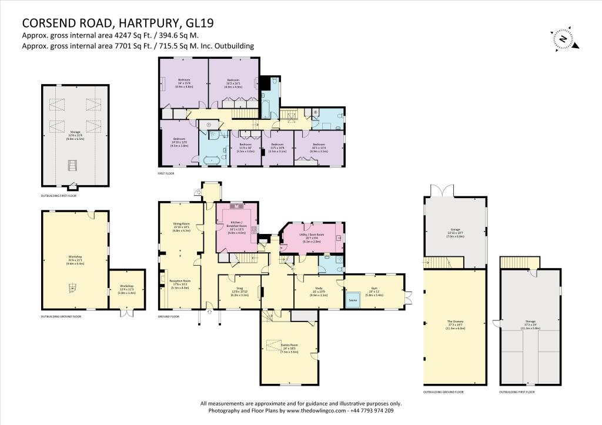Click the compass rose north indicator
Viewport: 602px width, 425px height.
tap(563, 39)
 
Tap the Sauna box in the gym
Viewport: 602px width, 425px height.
tap(353, 299)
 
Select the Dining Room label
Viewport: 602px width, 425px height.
tap(181, 226)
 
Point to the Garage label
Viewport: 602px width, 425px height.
tap(455, 233)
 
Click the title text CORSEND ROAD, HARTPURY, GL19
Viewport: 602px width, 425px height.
tap(118, 23)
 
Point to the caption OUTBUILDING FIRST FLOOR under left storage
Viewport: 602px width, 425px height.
tap(58, 195)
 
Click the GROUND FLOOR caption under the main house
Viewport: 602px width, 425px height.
tap(168, 316)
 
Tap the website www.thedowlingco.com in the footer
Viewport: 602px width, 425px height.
tap(315, 411)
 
